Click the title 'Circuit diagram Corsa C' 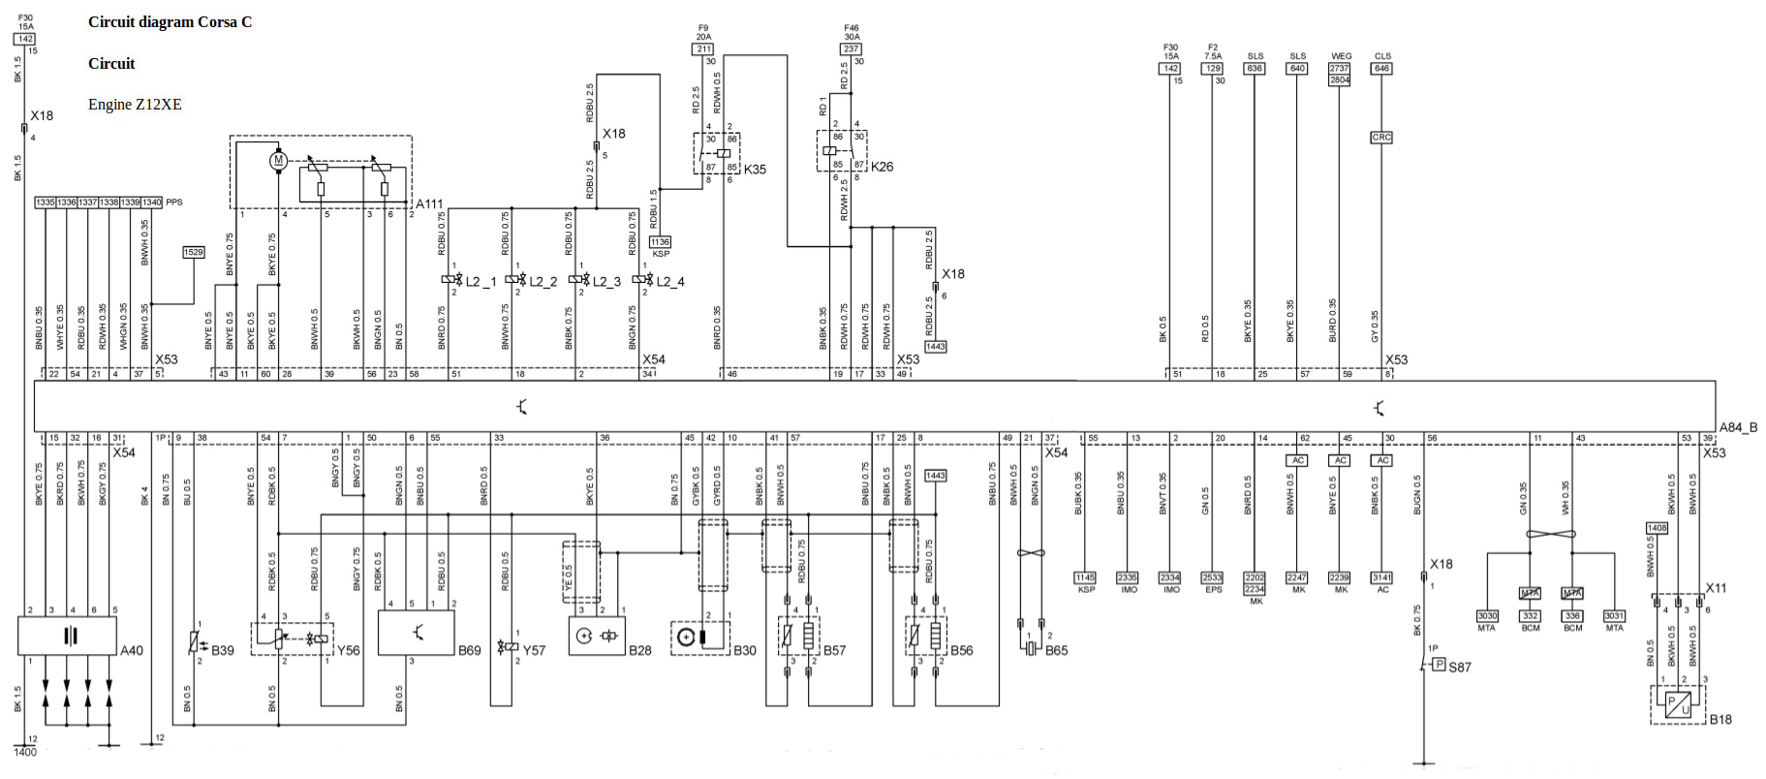tap(170, 22)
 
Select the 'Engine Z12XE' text tap(135, 105)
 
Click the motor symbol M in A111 tap(278, 161)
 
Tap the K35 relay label tap(755, 170)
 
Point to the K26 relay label tap(882, 167)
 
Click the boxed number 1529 tap(194, 252)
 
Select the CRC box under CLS tap(1381, 138)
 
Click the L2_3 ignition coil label tap(606, 282)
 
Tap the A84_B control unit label tap(1738, 427)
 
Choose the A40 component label tap(132, 650)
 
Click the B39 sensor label tap(223, 650)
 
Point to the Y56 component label tap(348, 650)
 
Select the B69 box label tap(470, 650)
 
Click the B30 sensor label tap(745, 650)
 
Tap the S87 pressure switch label tap(1460, 667)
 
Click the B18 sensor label tap(1720, 719)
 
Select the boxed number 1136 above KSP tap(660, 242)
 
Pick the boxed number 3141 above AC tap(1382, 577)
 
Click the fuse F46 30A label tap(852, 33)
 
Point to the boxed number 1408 tap(1657, 528)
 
